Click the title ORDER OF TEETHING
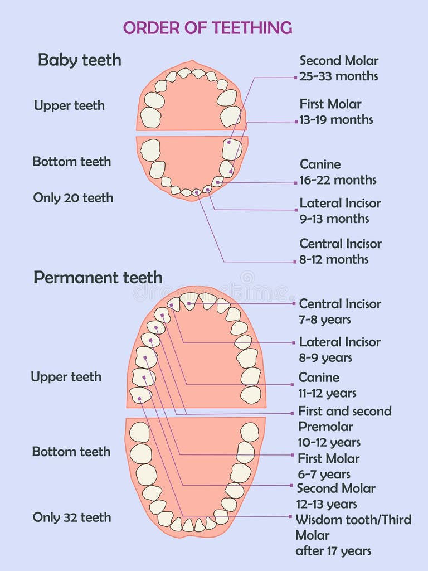pyautogui.click(x=207, y=27)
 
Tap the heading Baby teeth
pyautogui.click(x=79, y=60)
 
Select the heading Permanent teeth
pyautogui.click(x=98, y=277)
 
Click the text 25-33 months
pyautogui.click(x=338, y=76)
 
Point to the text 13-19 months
pyautogui.click(x=336, y=119)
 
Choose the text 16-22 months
pyautogui.click(x=338, y=180)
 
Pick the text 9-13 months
pyautogui.click(x=334, y=219)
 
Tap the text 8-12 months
pyautogui.click(x=334, y=259)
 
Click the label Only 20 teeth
pyautogui.click(x=73, y=197)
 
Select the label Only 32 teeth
pyautogui.click(x=72, y=517)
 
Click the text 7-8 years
pyautogui.click(x=325, y=320)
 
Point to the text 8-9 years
pyautogui.click(x=325, y=357)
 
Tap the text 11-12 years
pyautogui.click(x=327, y=393)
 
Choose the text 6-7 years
pyautogui.click(x=324, y=474)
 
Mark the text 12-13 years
pyautogui.click(x=327, y=504)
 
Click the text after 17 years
pyautogui.click(x=333, y=551)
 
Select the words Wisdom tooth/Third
pyautogui.click(x=353, y=520)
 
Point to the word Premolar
pyautogui.click(x=325, y=427)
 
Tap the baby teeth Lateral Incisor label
pyautogui.click(x=340, y=203)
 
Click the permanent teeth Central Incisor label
pyautogui.click(x=340, y=304)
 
